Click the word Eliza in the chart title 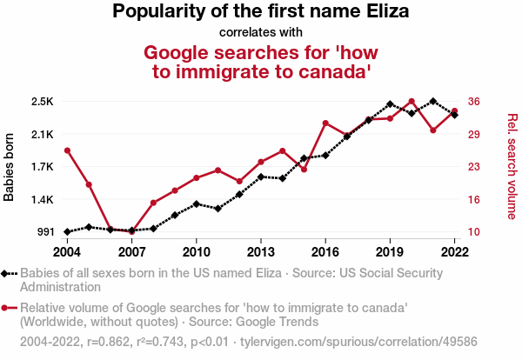382,12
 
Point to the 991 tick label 43,232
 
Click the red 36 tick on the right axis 473,102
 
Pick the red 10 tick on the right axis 473,232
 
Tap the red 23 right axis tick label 473,167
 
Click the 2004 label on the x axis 67,251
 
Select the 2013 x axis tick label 260,251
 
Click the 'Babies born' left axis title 10,167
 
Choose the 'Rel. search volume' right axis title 512,167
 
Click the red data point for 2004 67,150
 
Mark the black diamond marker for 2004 67,232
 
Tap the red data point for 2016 325,123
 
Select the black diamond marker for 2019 390,104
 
